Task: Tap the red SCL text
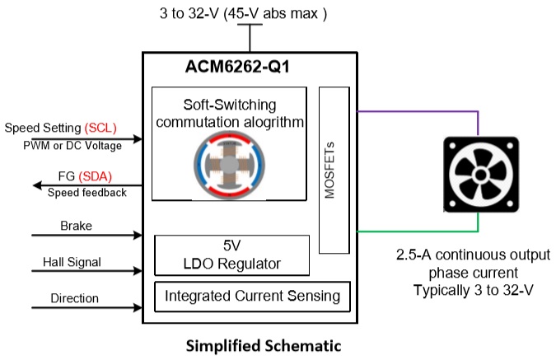click(x=101, y=128)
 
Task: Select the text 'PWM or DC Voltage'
click(x=72, y=146)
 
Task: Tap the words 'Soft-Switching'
click(x=230, y=105)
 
